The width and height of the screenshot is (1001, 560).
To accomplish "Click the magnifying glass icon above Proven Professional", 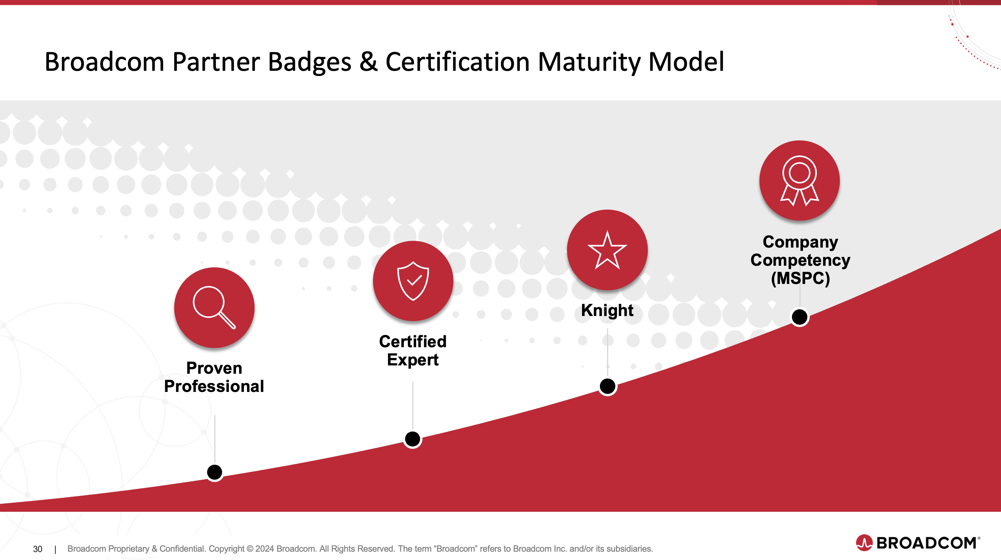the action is tap(214, 307).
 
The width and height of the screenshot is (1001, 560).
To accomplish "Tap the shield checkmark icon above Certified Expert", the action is tap(413, 281).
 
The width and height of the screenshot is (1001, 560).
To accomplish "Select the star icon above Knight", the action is tap(607, 250).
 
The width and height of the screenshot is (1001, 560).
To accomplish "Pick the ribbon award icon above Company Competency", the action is tap(799, 180).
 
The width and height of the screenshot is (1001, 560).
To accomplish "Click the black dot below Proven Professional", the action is tap(215, 472).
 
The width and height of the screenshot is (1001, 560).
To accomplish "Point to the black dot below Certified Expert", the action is tap(413, 439).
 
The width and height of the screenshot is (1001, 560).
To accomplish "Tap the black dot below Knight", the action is tap(607, 386).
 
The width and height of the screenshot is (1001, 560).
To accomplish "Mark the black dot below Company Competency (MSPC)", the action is tap(799, 317).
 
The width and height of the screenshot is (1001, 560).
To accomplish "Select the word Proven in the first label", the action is tap(214, 368).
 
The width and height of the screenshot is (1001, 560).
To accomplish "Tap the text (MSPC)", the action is tap(800, 278).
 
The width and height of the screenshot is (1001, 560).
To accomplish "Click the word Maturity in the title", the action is tap(589, 62).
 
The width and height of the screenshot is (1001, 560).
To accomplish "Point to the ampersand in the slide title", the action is tap(368, 62).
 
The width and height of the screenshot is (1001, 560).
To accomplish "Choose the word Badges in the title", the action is tap(310, 62).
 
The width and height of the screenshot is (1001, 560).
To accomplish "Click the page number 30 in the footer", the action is tap(38, 549).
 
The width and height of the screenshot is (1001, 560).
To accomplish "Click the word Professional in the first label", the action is tap(214, 386).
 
